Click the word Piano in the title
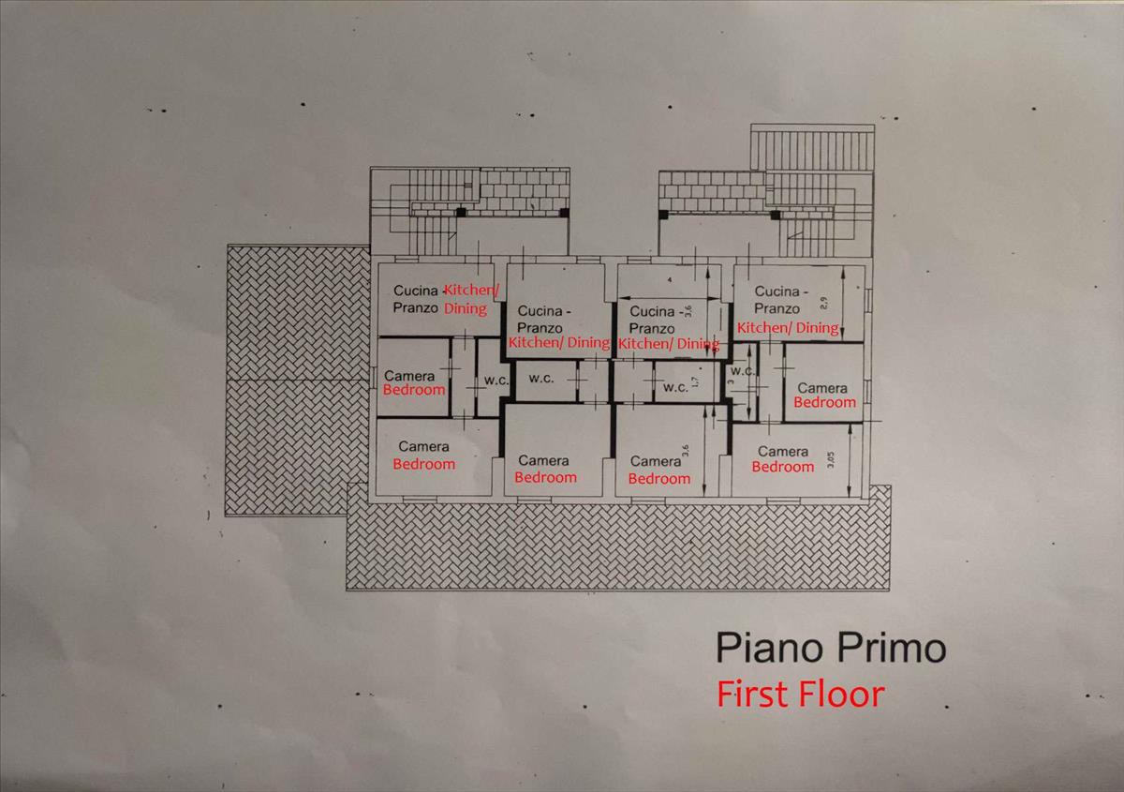click(x=760, y=648)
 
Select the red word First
click(x=753, y=695)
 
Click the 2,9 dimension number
click(x=822, y=303)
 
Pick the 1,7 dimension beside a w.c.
click(x=694, y=384)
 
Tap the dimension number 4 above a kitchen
click(x=670, y=280)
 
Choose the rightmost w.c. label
click(x=743, y=370)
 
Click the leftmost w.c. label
click(x=495, y=381)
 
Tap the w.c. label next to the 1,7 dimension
click(x=675, y=387)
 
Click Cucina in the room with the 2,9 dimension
click(x=776, y=291)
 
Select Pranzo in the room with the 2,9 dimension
click(x=776, y=308)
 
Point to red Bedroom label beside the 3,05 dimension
click(x=783, y=467)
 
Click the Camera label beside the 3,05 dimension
click(x=783, y=452)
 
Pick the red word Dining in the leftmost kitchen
click(x=465, y=308)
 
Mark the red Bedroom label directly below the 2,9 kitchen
click(x=824, y=402)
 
